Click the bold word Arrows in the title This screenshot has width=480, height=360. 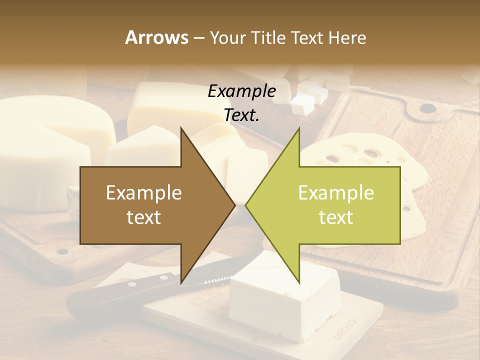156,37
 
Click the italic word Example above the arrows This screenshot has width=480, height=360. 241,91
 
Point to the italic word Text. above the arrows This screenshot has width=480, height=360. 241,115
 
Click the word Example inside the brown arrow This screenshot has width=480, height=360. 144,192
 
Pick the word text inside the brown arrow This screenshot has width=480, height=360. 144,217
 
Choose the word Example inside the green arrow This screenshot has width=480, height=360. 336,192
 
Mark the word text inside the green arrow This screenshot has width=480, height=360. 336,217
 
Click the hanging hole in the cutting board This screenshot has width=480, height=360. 426,107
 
